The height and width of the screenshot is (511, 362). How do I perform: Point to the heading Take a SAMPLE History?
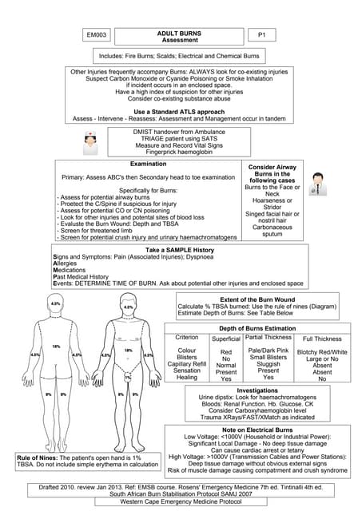[x=180, y=251]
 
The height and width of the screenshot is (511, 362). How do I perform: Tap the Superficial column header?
[x=226, y=338]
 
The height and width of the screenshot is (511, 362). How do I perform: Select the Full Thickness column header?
[x=322, y=339]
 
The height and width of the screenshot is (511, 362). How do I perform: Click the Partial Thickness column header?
[x=269, y=338]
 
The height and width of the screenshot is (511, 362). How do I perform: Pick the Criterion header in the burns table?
[x=187, y=338]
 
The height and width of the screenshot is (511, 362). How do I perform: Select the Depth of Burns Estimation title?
[x=257, y=328]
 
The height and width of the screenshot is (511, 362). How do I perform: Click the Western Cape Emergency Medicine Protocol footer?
[x=181, y=501]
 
